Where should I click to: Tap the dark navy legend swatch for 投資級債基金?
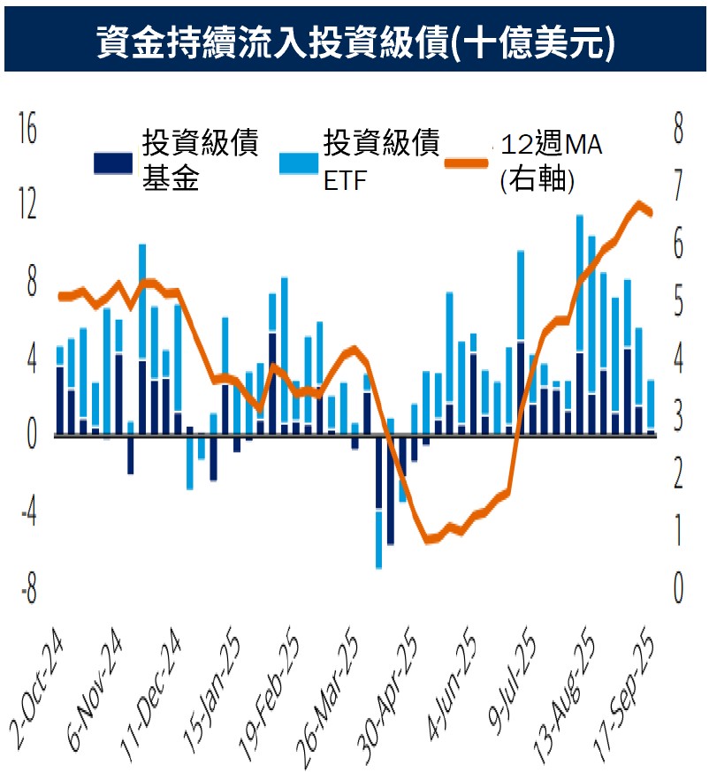click(113, 163)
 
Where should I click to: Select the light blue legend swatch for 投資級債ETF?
click(298, 163)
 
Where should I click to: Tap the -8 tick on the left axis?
click(27, 591)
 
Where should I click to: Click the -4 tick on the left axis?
click(27, 514)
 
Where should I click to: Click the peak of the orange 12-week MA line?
click(638, 204)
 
